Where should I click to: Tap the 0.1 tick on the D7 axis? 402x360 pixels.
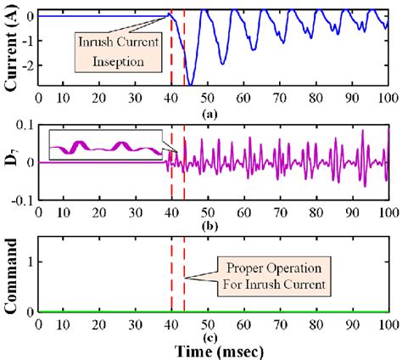tap(25, 125)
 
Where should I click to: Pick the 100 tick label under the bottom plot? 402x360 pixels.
tap(386, 323)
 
